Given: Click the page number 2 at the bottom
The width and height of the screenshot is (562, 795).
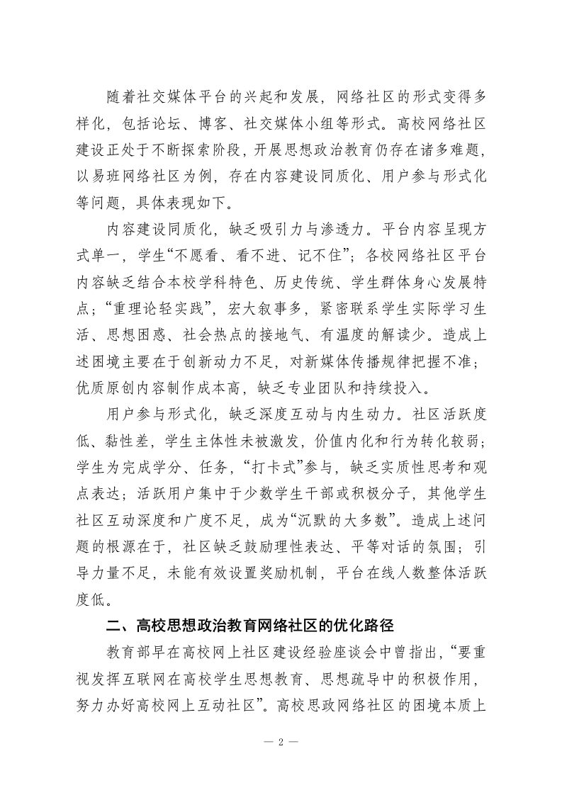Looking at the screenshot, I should [281, 743].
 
